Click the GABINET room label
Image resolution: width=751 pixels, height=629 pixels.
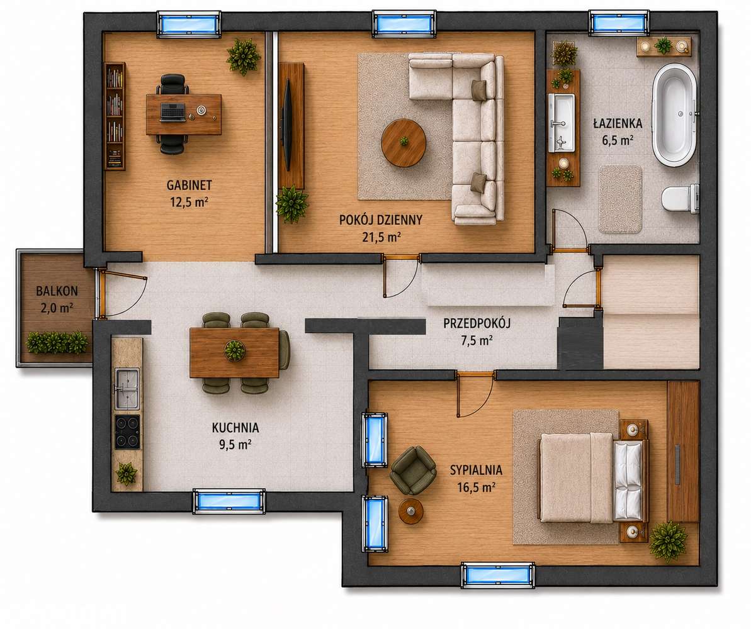[189, 185]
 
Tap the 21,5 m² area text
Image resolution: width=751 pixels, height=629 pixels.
[381, 237]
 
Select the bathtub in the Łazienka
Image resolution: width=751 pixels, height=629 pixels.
[675, 115]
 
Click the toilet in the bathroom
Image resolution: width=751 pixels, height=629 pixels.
[680, 198]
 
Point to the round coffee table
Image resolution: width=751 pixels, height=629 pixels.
[404, 143]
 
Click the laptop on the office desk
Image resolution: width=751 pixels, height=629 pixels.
[173, 112]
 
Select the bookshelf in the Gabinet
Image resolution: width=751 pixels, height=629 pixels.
[115, 116]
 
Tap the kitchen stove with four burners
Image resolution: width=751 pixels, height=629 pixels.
[127, 431]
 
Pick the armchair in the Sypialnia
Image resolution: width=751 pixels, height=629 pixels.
[413, 470]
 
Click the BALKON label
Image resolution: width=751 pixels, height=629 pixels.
[57, 291]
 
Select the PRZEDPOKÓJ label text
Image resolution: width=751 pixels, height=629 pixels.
[477, 323]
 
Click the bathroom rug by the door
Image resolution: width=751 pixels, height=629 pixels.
[620, 199]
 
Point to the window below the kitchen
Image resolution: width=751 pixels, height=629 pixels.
[229, 501]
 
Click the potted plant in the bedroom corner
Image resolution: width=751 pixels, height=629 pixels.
[668, 540]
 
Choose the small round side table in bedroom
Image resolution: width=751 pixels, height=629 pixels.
[412, 511]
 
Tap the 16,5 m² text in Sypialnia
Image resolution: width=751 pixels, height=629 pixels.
[476, 487]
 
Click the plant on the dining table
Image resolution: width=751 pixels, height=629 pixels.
[235, 350]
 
